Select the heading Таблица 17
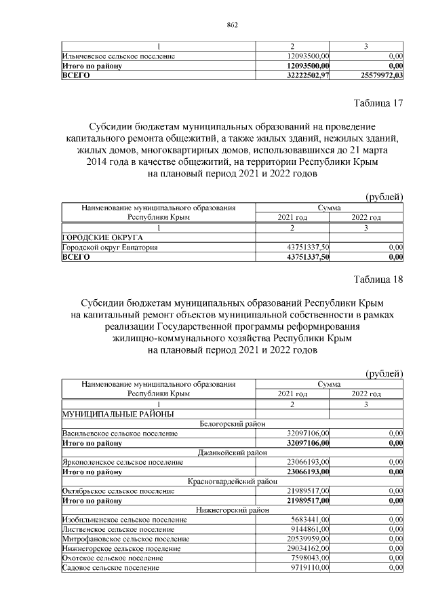378,103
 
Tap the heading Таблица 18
378,280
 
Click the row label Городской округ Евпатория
110,248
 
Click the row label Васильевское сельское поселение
120,432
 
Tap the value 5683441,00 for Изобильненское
309,519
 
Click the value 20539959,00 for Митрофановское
307,538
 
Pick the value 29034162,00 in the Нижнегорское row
307,548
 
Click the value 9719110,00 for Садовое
309,567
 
